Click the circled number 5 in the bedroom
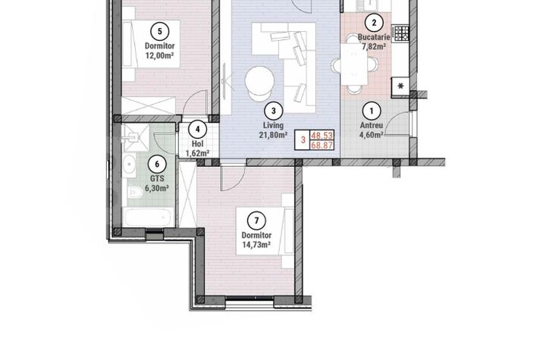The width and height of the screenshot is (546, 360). (159, 30)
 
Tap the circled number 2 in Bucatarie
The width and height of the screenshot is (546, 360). (372, 23)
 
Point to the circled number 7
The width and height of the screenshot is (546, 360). (258, 221)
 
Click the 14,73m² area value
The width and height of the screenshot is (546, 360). (258, 245)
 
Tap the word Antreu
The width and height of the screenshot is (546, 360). (372, 127)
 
